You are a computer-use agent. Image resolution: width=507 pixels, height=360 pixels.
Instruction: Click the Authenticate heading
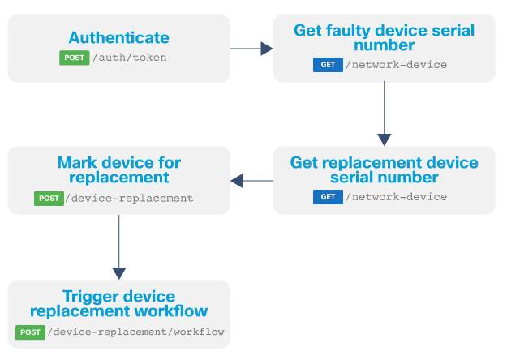118,37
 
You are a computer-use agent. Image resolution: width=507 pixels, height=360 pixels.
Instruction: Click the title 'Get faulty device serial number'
384,38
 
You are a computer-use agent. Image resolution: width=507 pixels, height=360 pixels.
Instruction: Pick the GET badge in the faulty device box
328,65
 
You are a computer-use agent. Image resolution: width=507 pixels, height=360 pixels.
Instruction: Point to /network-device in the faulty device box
396,65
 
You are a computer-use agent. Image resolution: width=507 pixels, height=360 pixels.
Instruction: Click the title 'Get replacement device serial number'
384,169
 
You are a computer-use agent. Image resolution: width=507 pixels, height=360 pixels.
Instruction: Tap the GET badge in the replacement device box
328,197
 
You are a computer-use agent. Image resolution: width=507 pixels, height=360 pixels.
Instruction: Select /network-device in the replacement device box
396,197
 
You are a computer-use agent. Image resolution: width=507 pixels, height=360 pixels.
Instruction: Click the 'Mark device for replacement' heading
118,169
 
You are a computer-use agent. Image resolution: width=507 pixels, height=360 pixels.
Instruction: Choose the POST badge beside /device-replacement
49,198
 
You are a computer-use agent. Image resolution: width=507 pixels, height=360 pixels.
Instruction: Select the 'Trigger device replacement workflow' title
118,303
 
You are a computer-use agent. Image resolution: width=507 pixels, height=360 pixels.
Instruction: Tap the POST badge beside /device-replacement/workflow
31,332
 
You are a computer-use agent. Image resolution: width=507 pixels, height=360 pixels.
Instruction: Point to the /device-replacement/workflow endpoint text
136,332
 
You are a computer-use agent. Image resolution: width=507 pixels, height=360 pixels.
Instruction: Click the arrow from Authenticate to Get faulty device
251,49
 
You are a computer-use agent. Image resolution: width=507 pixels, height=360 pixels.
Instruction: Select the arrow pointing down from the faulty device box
384,114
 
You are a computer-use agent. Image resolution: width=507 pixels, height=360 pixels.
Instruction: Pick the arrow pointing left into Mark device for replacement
251,181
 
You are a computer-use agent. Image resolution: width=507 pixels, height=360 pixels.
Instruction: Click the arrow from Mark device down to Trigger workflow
118,246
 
